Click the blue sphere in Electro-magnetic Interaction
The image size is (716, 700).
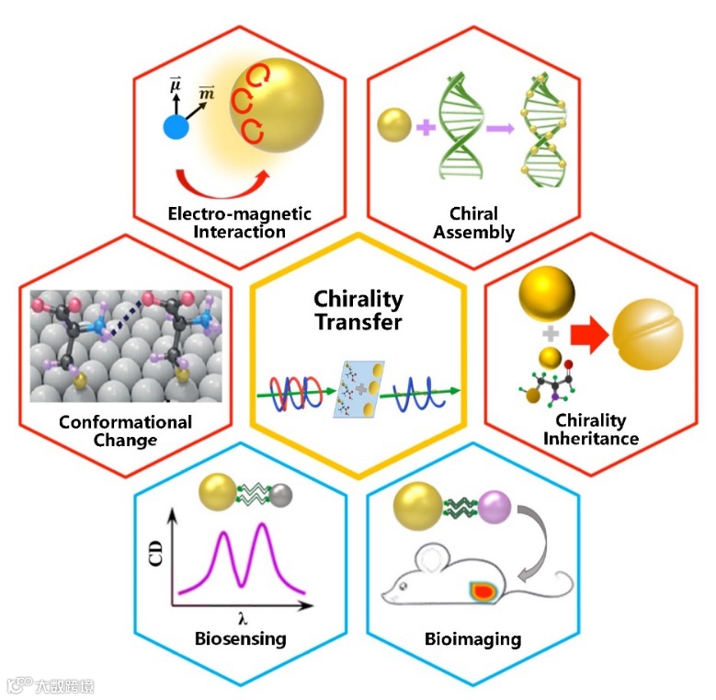pos(176,126)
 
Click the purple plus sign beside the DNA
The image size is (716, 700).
pos(425,126)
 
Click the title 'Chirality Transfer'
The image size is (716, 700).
pos(358,310)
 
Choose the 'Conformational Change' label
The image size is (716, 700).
pos(125,430)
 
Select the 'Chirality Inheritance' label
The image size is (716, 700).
pos(591,430)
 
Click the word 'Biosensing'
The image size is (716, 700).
pos(241,638)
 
